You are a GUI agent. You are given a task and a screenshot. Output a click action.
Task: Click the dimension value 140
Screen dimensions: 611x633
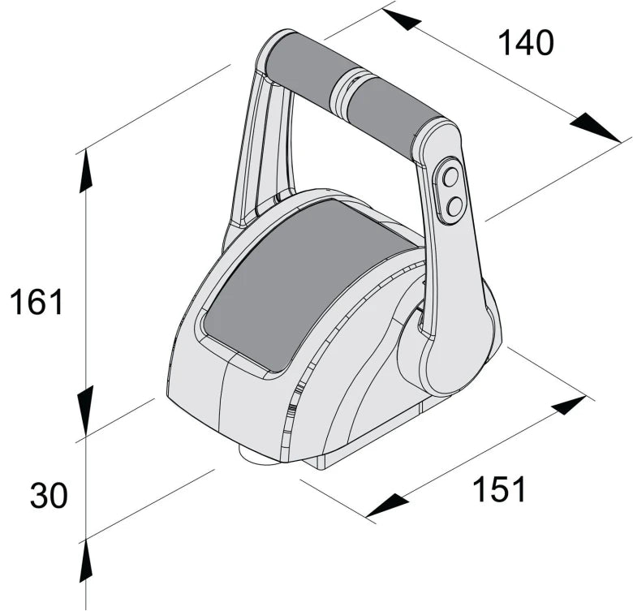point(525,43)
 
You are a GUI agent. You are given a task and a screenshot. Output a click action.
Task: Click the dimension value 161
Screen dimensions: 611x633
point(36,303)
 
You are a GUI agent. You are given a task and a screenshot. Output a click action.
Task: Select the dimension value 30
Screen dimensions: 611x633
point(49,495)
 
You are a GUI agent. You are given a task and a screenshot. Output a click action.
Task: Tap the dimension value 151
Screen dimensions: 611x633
point(499,489)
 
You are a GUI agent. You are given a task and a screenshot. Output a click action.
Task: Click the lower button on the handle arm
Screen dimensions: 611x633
point(454,206)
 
